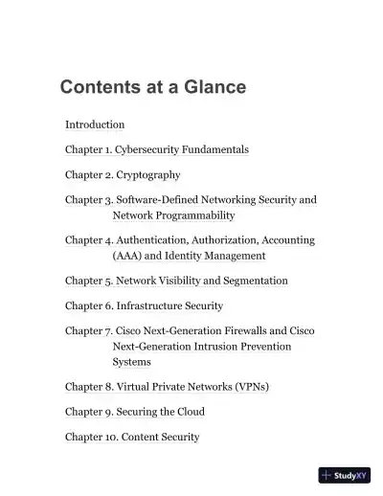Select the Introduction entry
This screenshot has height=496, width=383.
tap(95, 124)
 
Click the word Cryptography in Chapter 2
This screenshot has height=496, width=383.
tap(148, 175)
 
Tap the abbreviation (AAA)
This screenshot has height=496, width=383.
tap(127, 256)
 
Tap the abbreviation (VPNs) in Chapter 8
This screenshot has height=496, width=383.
tap(251, 387)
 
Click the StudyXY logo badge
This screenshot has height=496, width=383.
tap(345, 475)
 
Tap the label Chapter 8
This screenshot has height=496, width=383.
tap(87, 387)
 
